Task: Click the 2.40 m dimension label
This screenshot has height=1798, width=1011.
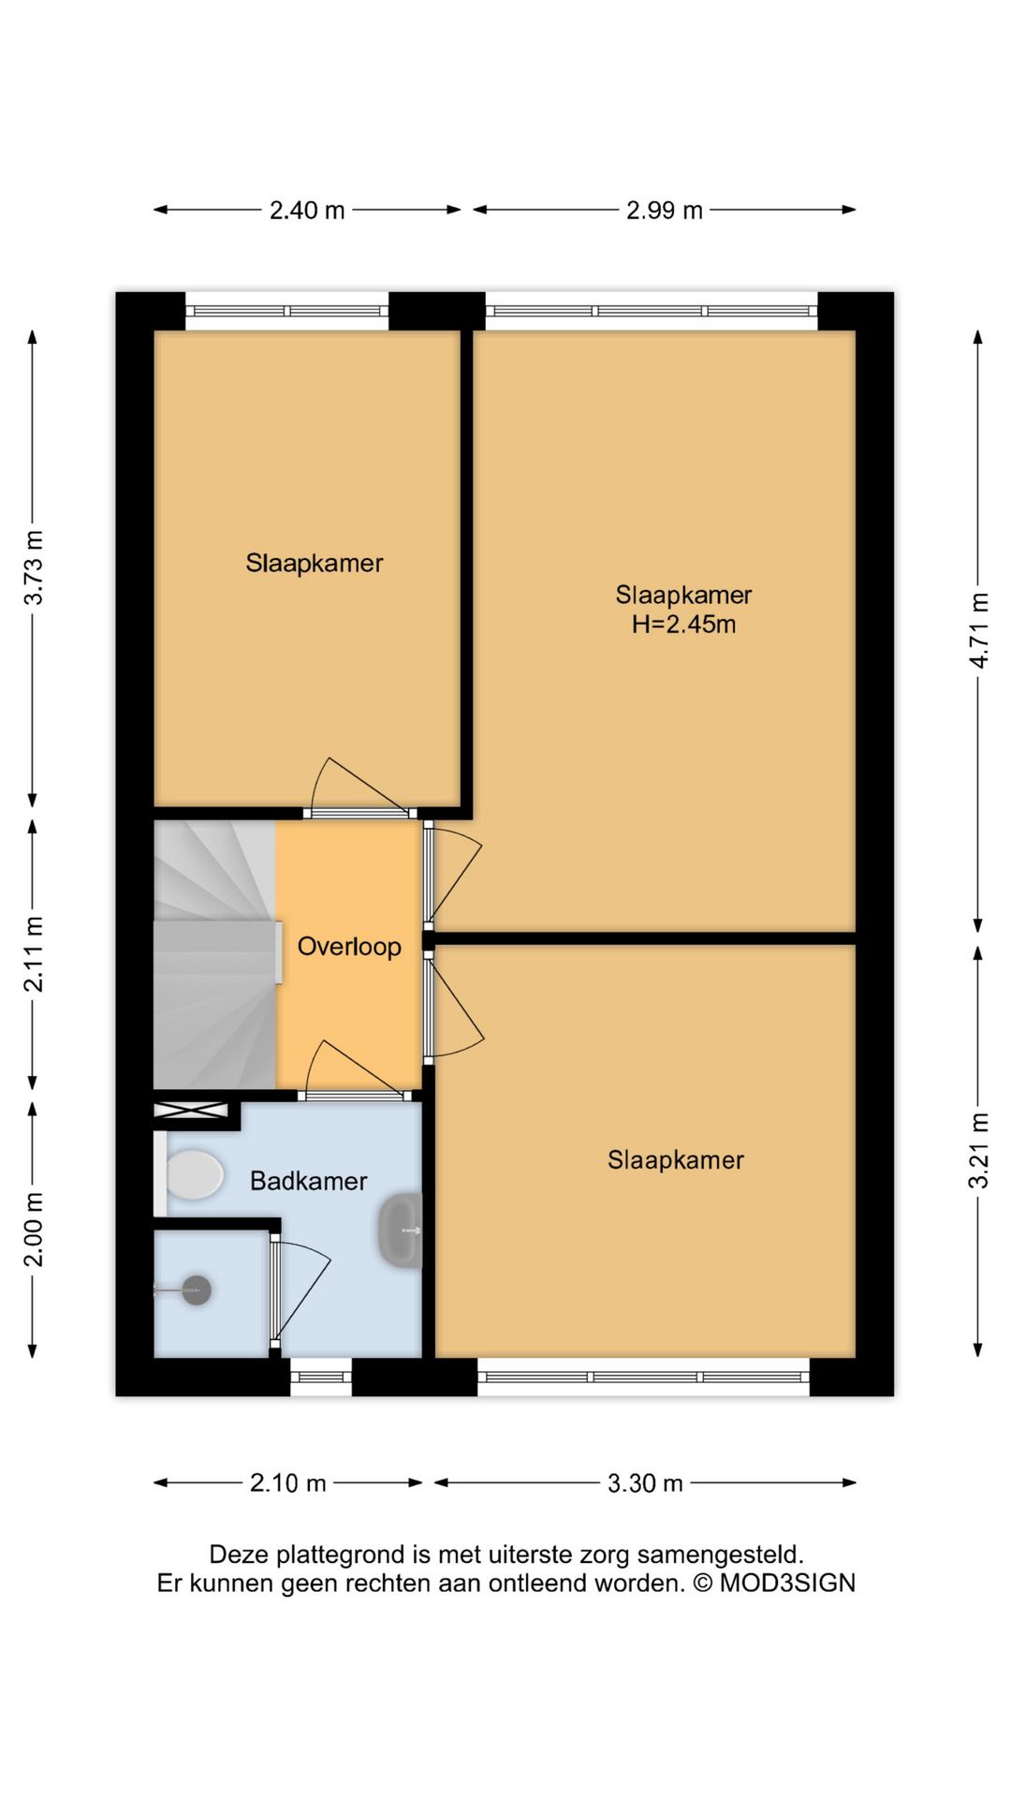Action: (x=307, y=210)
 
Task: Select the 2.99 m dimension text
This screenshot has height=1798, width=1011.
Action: (x=665, y=210)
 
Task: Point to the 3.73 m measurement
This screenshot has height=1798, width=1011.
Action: (x=34, y=567)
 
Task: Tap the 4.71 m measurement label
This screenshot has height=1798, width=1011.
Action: (x=979, y=630)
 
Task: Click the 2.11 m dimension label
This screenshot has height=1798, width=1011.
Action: (x=34, y=954)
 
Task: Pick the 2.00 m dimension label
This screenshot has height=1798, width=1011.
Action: (x=34, y=1230)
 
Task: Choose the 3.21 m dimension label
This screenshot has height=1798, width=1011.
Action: (x=979, y=1150)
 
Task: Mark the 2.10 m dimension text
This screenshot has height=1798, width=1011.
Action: (x=288, y=1482)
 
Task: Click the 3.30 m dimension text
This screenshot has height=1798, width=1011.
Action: (x=645, y=1482)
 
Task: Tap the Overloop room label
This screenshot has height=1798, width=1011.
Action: (x=349, y=947)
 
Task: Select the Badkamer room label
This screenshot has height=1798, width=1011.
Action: (x=309, y=1181)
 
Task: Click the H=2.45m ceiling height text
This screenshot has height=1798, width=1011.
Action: (x=683, y=625)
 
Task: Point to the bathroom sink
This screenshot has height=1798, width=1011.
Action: (x=401, y=1231)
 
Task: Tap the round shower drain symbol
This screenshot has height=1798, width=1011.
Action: (x=197, y=1290)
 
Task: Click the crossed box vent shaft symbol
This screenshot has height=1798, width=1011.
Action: (x=191, y=1111)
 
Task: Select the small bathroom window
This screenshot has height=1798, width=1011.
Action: (x=321, y=1378)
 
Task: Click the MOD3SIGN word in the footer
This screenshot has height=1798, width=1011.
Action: (x=787, y=1583)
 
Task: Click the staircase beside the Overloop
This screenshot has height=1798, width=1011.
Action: (x=215, y=955)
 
